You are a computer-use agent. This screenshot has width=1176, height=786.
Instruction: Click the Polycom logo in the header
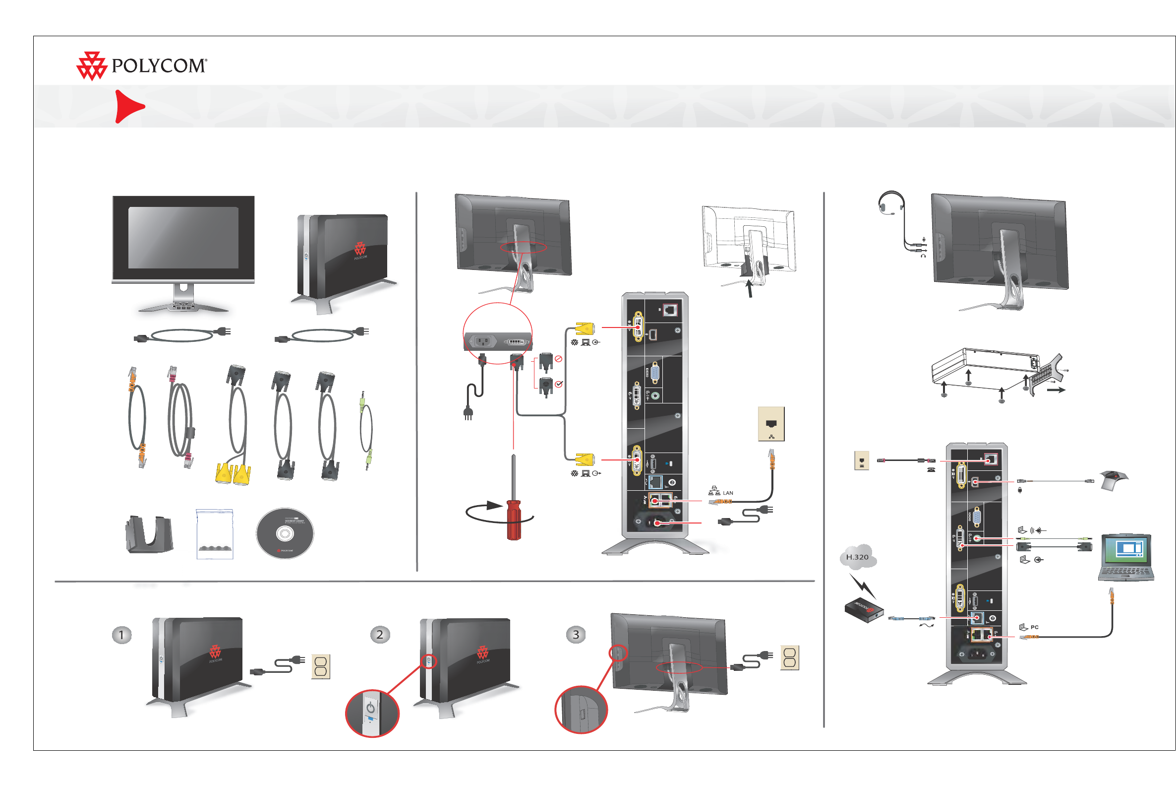pyautogui.click(x=141, y=65)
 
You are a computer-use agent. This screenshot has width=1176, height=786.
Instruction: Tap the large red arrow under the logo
pyautogui.click(x=128, y=106)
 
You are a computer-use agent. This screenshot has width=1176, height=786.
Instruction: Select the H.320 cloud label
pyautogui.click(x=857, y=557)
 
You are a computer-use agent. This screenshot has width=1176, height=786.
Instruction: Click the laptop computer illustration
pyautogui.click(x=1126, y=557)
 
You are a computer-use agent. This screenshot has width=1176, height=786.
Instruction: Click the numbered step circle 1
pyautogui.click(x=121, y=635)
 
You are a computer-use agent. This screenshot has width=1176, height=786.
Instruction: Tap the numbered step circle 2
pyautogui.click(x=380, y=635)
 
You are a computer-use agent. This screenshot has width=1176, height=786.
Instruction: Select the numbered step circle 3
pyautogui.click(x=576, y=635)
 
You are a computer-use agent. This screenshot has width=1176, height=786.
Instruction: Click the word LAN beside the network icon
pyautogui.click(x=728, y=493)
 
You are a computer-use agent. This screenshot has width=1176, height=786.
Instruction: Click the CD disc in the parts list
pyautogui.click(x=285, y=533)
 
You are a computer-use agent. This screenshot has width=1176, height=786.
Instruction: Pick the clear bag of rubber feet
pyautogui.click(x=215, y=534)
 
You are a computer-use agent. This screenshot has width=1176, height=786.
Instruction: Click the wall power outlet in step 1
pyautogui.click(x=321, y=667)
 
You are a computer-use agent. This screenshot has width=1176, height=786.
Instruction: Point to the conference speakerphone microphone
pyautogui.click(x=1114, y=480)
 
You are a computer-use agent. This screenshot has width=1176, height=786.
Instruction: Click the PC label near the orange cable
pyautogui.click(x=1034, y=627)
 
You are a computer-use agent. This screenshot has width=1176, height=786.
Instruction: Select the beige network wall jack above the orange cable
pyautogui.click(x=771, y=424)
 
